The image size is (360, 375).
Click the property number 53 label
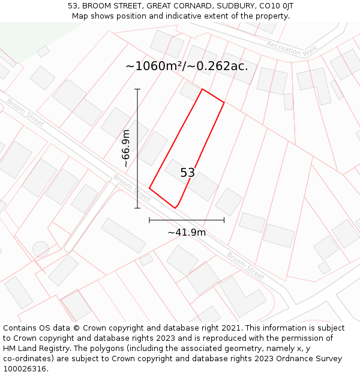188,173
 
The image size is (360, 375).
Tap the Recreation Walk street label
292,49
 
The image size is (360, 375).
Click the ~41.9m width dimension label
187,232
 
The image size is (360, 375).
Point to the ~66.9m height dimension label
126,148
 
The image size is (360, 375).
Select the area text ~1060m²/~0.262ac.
187,66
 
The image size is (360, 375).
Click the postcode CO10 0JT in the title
274,6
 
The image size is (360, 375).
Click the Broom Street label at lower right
245,265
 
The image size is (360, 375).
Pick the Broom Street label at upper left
25,112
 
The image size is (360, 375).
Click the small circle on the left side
40,248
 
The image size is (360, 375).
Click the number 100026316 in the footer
25,368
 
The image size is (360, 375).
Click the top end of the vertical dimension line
137,89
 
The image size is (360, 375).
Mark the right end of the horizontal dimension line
224,220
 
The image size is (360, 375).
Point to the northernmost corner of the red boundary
202,89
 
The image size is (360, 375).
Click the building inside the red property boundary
191,179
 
